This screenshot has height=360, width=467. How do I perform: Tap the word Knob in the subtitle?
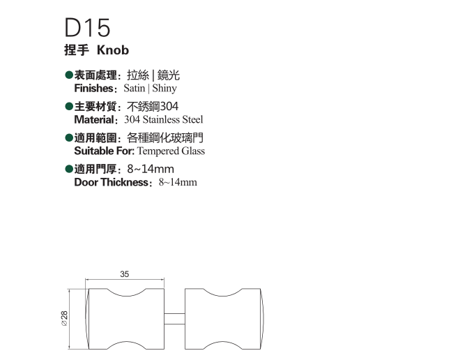[114, 51]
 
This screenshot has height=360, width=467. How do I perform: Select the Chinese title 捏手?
[77, 51]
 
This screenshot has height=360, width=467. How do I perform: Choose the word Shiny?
[164, 89]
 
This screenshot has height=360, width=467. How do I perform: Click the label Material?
[95, 120]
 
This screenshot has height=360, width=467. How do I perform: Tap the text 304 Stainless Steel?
[164, 120]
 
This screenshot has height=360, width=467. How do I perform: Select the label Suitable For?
[103, 151]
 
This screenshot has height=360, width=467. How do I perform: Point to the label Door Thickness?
[112, 183]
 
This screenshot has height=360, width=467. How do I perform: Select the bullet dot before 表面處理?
[68, 75]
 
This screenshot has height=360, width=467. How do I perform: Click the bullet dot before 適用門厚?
[68, 170]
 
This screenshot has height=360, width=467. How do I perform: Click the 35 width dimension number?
[124, 275]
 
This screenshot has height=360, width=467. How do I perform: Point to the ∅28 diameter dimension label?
[64, 319]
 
